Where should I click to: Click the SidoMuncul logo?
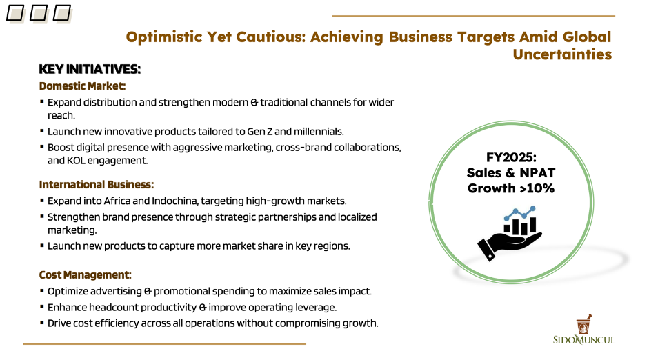(583, 330)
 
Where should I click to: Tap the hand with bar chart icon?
(510, 233)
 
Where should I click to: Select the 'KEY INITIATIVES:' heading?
(90, 69)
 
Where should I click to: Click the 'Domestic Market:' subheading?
(82, 86)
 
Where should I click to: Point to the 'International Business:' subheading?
(97, 185)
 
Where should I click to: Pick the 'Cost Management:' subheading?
(86, 275)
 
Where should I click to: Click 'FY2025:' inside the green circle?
(511, 157)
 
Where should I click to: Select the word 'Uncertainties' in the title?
(562, 54)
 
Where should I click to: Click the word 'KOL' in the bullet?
(76, 161)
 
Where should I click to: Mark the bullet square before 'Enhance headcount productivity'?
(42, 307)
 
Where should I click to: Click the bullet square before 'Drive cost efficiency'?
(42, 323)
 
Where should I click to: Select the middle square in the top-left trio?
(39, 13)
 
